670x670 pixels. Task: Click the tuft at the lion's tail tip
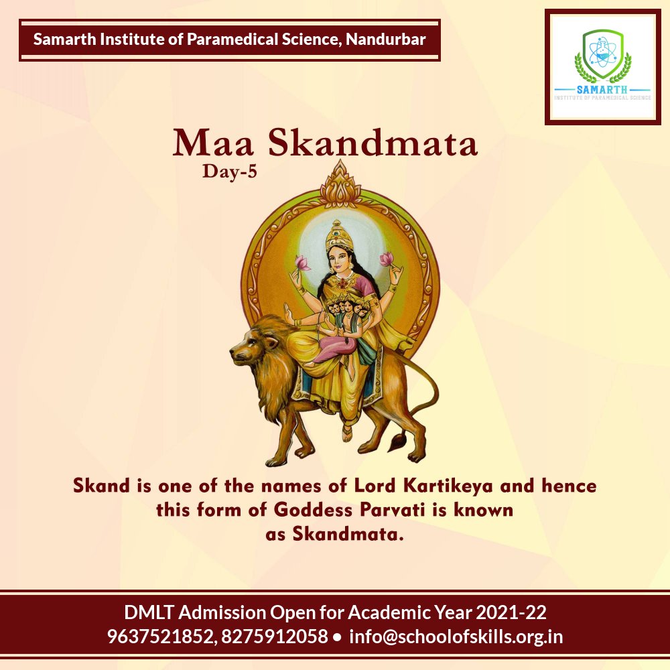[x=400, y=442]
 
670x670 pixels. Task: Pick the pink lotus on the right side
[x=387, y=259]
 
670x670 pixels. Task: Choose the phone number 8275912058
[x=273, y=636]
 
